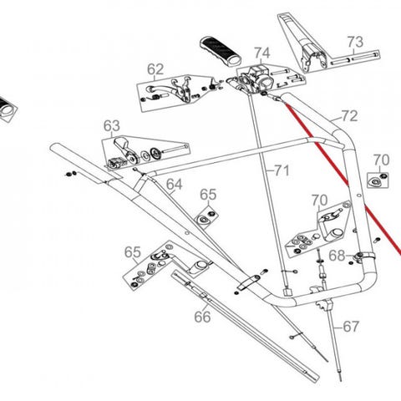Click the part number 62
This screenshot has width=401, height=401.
coord(155,69)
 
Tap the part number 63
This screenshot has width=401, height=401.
coord(112,126)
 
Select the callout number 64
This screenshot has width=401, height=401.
coord(175,185)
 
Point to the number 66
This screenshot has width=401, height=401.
coord(202,317)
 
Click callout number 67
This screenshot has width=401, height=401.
coord(351,327)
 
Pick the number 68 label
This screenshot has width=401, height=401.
coord(337,256)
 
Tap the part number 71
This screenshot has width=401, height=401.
coord(282,170)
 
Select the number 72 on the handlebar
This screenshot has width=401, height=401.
coord(349,116)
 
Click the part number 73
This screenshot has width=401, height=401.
coord(355,42)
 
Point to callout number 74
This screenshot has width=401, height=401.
coord(262,53)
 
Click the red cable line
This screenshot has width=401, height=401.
coord(343,177)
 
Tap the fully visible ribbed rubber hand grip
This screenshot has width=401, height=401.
coord(221,52)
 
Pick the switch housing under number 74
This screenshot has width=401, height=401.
coord(254,80)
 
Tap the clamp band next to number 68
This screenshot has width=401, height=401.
coord(364,256)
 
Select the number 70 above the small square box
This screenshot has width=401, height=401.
coord(381,160)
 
